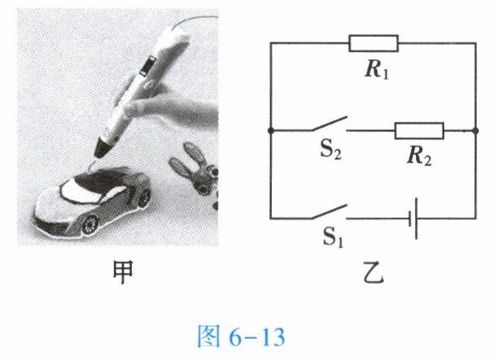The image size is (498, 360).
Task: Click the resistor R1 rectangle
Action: tap(373, 43)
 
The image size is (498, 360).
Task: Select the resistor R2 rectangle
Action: tap(419, 130)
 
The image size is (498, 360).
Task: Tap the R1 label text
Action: tap(377, 69)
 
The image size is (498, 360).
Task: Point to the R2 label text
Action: tap(419, 156)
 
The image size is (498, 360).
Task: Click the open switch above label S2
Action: tap(330, 124)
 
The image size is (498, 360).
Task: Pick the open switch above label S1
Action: tap(330, 212)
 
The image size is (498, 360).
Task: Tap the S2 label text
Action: tap(331, 150)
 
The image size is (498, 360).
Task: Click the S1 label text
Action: tap(333, 237)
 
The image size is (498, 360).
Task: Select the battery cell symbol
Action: tap(413, 218)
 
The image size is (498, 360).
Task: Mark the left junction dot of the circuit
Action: tap(271, 130)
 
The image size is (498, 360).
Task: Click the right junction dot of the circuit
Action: tap(475, 130)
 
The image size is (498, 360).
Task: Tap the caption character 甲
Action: tap(123, 273)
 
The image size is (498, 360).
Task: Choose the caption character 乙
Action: tap(373, 273)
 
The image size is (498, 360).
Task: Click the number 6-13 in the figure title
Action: tap(257, 337)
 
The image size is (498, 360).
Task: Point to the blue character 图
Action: tap(208, 336)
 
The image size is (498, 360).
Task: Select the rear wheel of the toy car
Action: tap(146, 197)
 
